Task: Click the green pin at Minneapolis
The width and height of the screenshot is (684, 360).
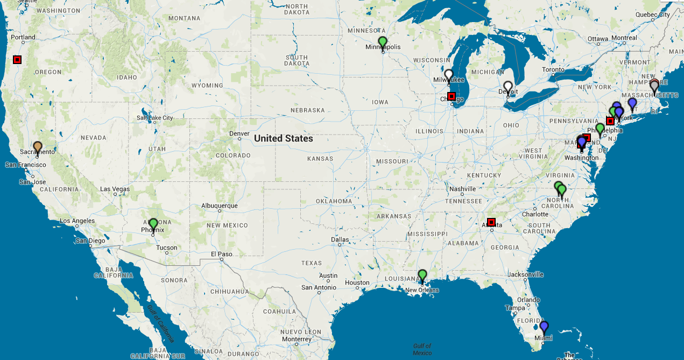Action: click(x=383, y=42)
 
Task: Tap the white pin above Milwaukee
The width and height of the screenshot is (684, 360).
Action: click(x=449, y=75)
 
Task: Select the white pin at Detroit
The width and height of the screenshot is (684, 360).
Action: click(x=508, y=87)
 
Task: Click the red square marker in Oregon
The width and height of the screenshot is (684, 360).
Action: click(x=17, y=59)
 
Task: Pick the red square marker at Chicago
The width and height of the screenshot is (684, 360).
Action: click(x=452, y=96)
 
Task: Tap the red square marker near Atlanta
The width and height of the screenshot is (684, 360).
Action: click(x=491, y=222)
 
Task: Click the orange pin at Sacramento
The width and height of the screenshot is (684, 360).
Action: click(x=38, y=146)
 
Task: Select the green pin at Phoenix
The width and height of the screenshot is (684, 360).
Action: click(x=153, y=223)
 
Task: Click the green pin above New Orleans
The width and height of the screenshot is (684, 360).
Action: click(x=422, y=275)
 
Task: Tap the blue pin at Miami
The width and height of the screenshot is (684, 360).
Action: click(x=544, y=326)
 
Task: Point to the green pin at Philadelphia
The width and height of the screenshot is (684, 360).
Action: click(x=600, y=129)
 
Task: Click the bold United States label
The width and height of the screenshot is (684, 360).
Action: click(x=283, y=138)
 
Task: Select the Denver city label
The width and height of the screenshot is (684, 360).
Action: click(x=239, y=133)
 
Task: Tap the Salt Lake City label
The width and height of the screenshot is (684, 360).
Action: click(x=155, y=117)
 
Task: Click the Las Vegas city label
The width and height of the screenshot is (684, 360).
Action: click(x=115, y=189)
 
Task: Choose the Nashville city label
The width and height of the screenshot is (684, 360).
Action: click(x=462, y=189)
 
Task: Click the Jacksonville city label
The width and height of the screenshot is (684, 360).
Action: click(x=526, y=274)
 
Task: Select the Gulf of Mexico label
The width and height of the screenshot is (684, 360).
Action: click(x=422, y=349)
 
